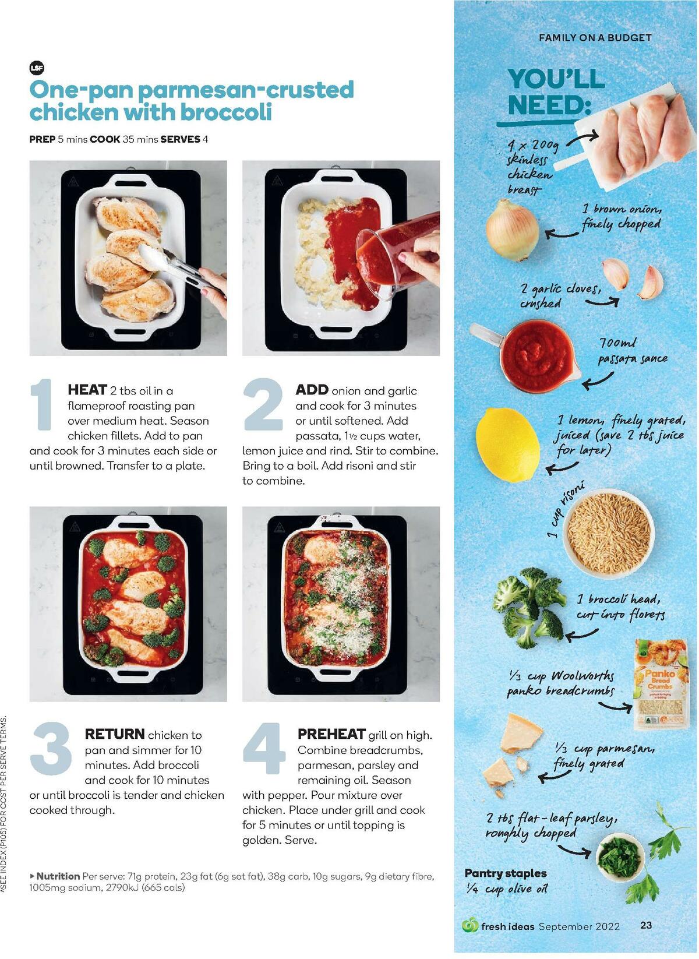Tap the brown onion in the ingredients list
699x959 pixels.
pos(512,230)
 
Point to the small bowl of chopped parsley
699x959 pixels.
pos(621,856)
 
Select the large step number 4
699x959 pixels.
pos(264,749)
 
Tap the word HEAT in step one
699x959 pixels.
pos(87,390)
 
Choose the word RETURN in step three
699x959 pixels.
pos(115,734)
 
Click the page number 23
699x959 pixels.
pos(646,925)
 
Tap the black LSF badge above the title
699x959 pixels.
pos(37,68)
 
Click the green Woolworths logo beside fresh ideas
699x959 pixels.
pos(469,925)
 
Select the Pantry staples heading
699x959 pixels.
pos(505,873)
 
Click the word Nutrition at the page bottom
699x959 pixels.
pos(58,876)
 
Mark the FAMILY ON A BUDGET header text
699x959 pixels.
pos(595,38)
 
